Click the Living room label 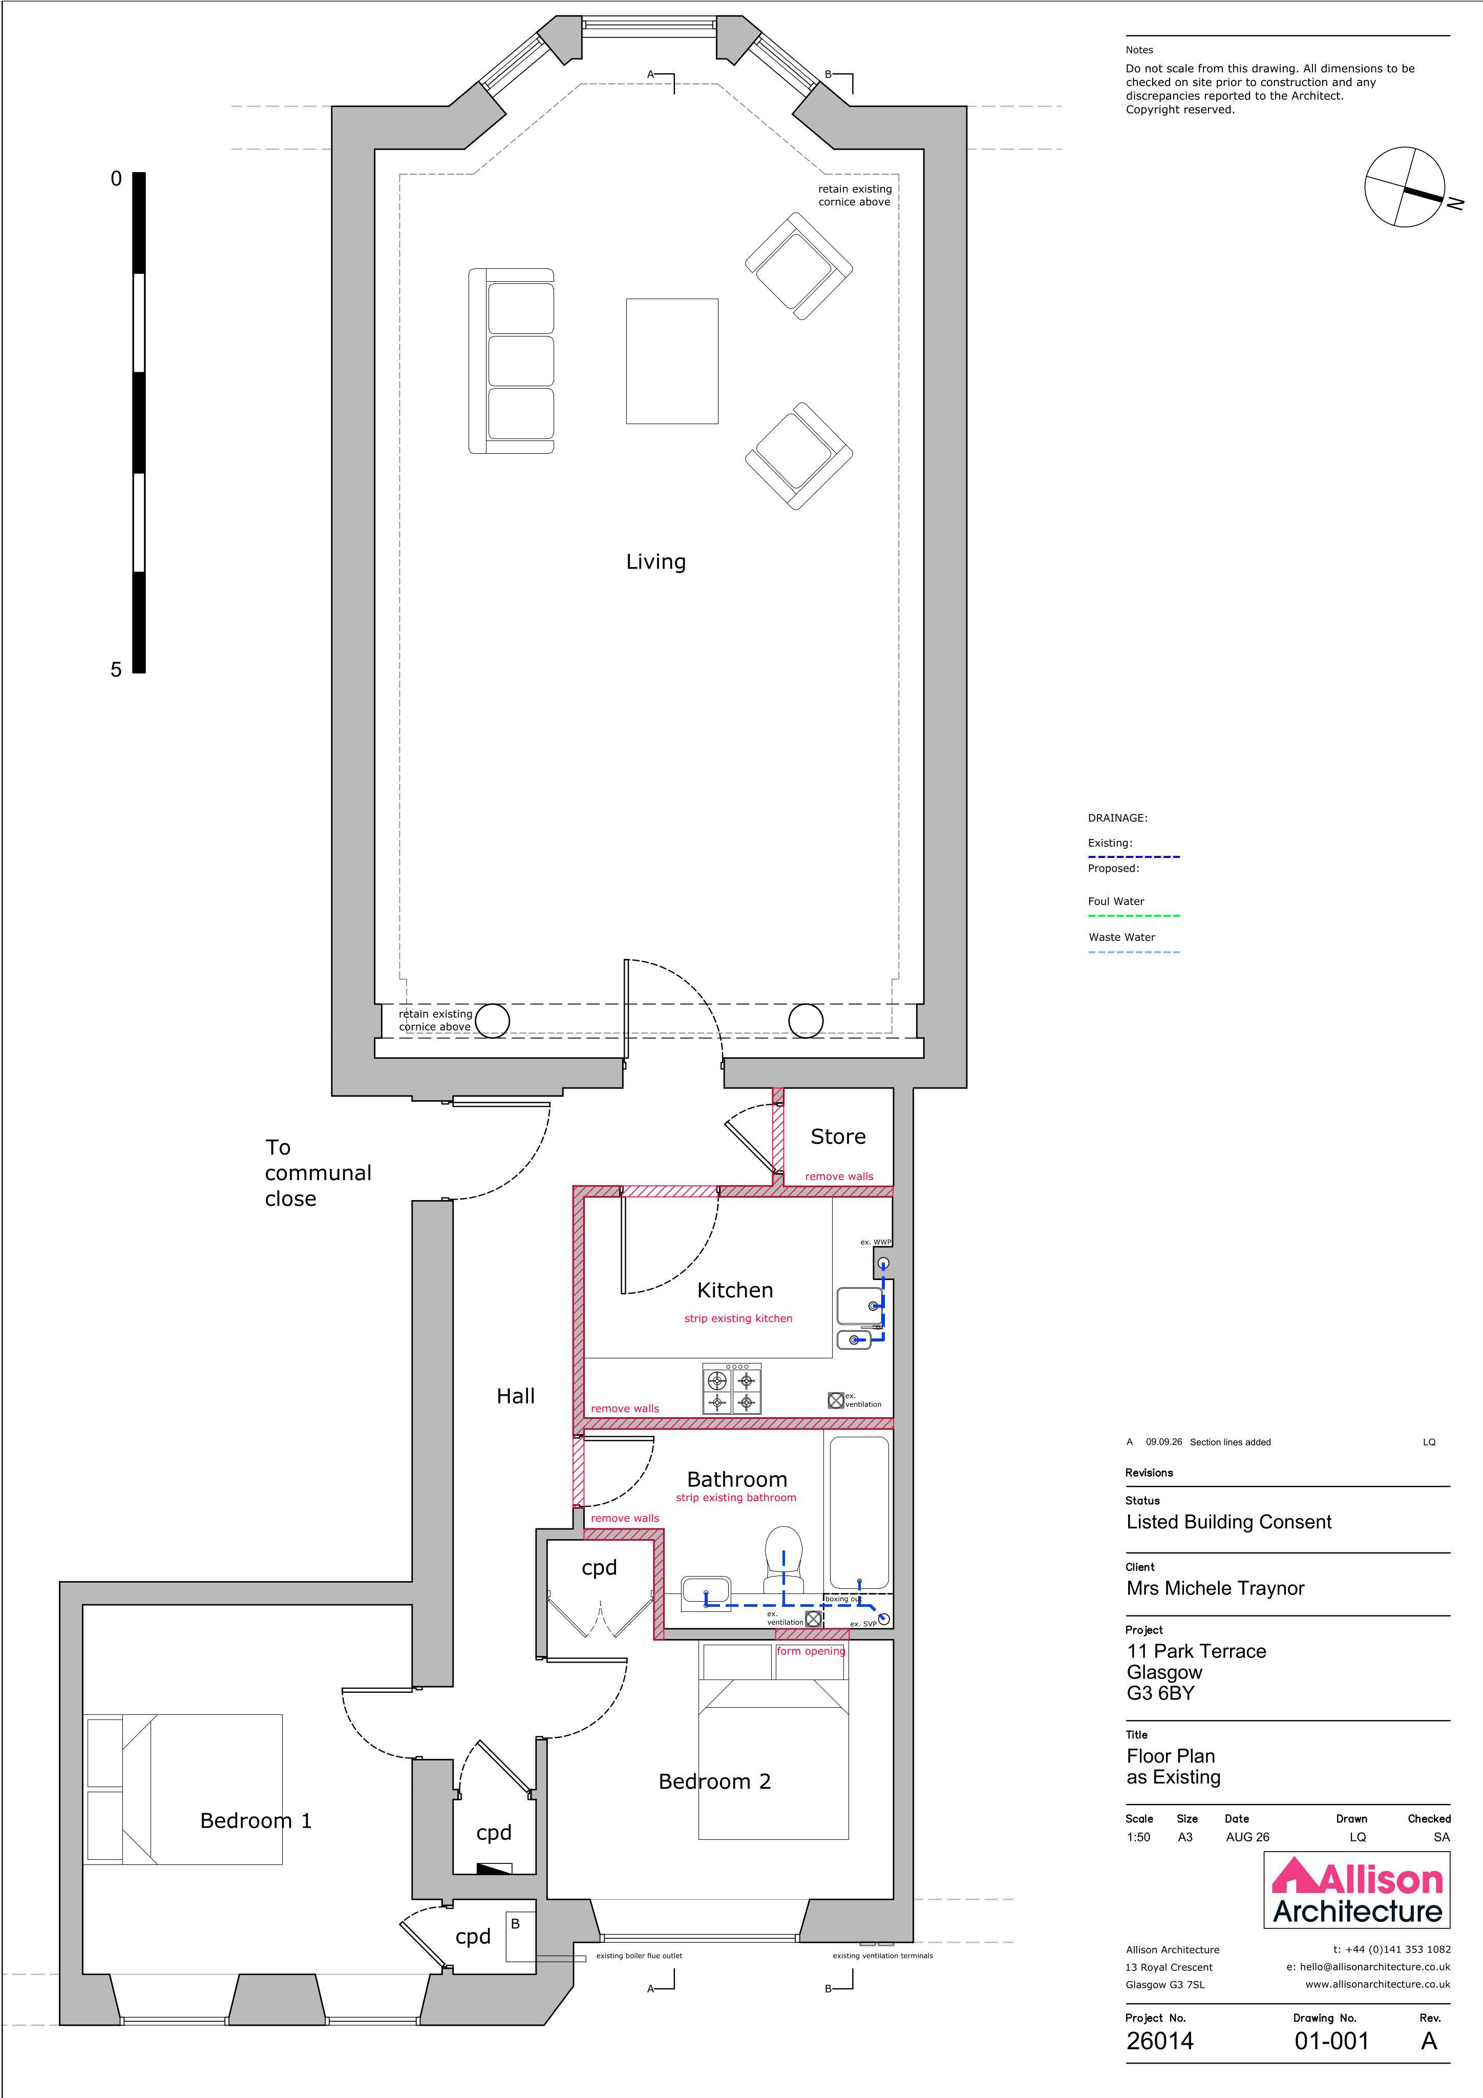655,562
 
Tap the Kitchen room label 735,1290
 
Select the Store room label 838,1137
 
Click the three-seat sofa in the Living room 512,361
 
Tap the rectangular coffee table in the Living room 671,361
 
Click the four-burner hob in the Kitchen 732,1390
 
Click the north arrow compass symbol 1405,187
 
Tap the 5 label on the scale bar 116,670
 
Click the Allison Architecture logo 1358,1903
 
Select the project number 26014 1159,2041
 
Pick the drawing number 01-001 1331,2041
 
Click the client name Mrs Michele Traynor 1215,1588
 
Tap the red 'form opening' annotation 811,1651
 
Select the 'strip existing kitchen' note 738,1318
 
